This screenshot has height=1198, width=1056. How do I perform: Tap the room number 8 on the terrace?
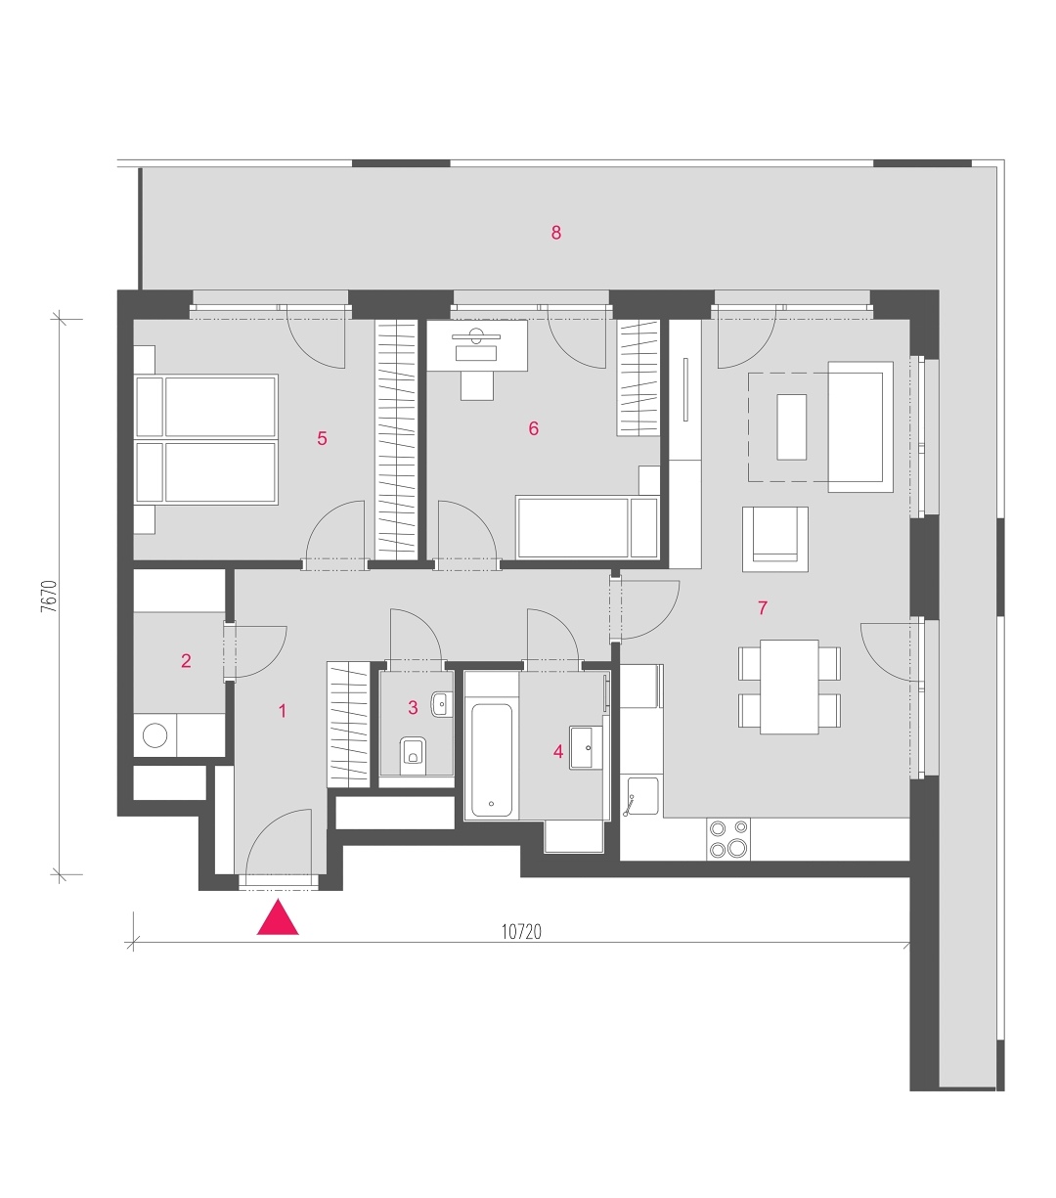(555, 233)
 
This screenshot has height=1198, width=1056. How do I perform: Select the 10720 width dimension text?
(521, 932)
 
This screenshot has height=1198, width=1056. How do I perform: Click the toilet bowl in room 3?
(413, 755)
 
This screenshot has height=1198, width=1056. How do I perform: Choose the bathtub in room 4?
(492, 760)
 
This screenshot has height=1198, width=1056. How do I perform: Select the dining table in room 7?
(789, 687)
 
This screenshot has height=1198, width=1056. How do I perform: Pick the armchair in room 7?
(775, 539)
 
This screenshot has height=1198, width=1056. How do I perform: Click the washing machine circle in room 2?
(154, 735)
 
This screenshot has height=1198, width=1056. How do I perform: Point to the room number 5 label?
(322, 438)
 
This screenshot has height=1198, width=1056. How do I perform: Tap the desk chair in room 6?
(476, 385)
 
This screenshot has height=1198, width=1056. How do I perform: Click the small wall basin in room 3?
(441, 704)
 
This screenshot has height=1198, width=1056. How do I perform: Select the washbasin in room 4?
(586, 747)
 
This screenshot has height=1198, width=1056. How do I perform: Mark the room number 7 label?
(762, 607)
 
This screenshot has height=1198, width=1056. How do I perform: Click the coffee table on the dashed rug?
(791, 427)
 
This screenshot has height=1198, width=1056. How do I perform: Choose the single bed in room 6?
(587, 527)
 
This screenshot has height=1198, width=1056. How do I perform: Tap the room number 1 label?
(283, 711)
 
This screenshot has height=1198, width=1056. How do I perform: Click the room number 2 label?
(186, 661)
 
